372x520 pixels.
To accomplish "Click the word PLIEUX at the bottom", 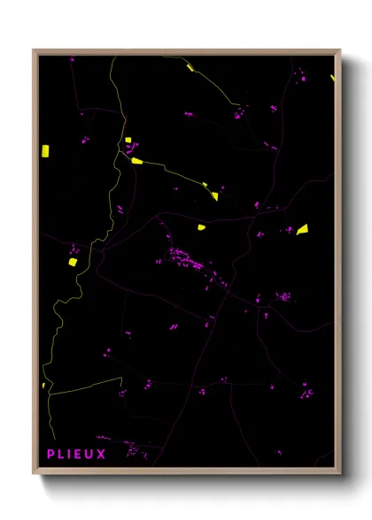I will (76, 455).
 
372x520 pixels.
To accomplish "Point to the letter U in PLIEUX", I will (90, 455).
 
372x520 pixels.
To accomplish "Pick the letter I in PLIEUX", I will (70, 455).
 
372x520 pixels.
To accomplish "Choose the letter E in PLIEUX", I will (80, 455).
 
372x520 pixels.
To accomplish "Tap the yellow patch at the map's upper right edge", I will (333, 79).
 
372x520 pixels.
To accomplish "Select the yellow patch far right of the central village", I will (302, 229).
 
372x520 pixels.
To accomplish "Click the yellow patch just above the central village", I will (201, 227).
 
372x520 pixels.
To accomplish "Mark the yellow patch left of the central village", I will (73, 262).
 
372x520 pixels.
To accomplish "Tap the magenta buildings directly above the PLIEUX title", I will (133, 448).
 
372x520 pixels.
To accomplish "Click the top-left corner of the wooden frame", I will (35, 50).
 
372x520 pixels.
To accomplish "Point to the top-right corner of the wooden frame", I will (339, 50).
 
